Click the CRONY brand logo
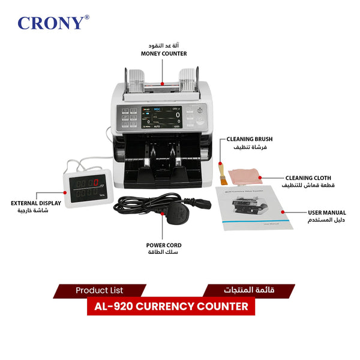click(x=51, y=23)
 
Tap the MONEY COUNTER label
click(x=164, y=53)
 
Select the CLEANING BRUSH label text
click(x=250, y=139)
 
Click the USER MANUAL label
click(x=326, y=212)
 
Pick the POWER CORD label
click(x=164, y=245)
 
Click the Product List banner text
click(x=99, y=290)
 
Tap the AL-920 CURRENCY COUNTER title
click(x=171, y=307)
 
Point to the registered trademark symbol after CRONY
click(x=87, y=17)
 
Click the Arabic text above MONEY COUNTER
click(x=163, y=46)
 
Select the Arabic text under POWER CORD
click(x=164, y=253)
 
